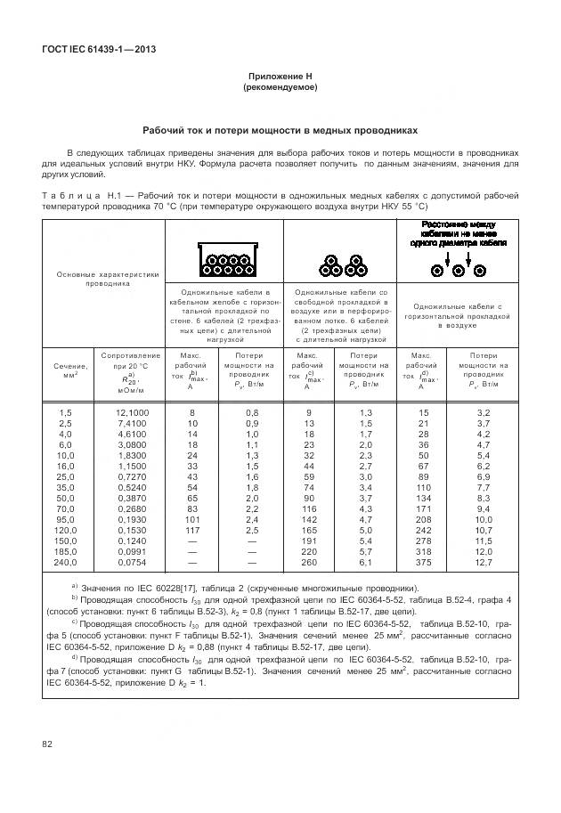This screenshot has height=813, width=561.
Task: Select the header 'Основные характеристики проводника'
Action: tap(107, 279)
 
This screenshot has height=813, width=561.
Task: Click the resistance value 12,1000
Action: tap(132, 413)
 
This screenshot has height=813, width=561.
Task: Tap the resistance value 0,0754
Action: tap(132, 563)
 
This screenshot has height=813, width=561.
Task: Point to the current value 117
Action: tap(191, 531)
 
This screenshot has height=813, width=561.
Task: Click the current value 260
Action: tap(309, 563)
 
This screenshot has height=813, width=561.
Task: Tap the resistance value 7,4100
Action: tap(132, 424)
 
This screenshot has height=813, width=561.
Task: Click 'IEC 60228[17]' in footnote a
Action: tap(159, 589)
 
